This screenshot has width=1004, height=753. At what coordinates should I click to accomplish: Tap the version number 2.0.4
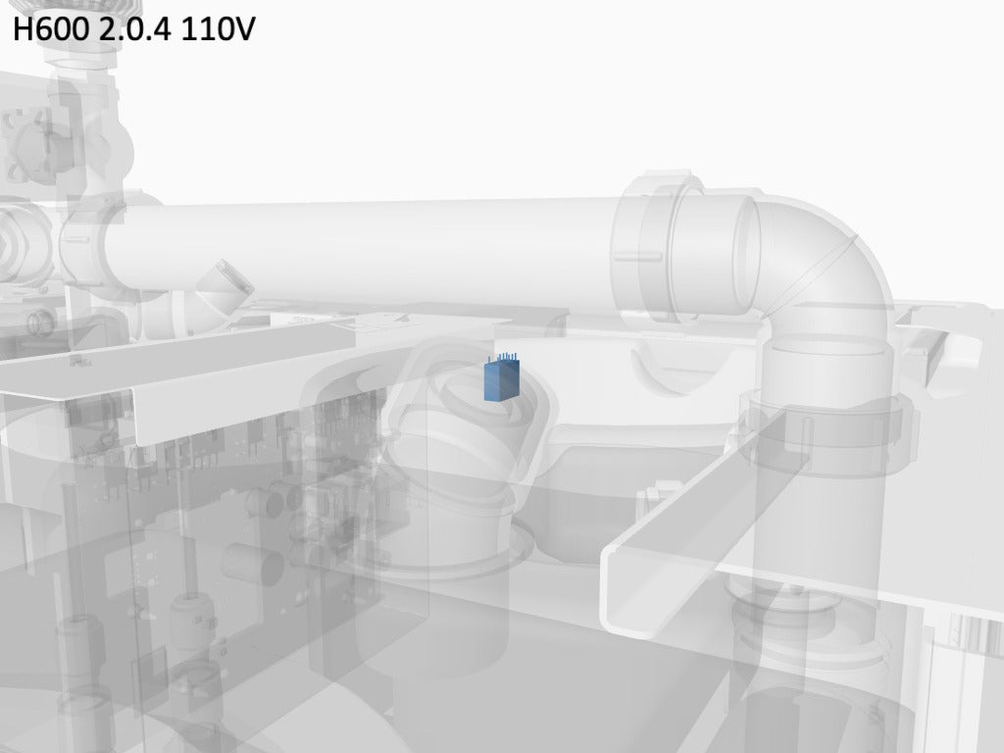pyautogui.click(x=135, y=28)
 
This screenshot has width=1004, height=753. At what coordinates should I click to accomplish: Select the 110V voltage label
pyautogui.click(x=218, y=28)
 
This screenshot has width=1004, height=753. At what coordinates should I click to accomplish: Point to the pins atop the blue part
pyautogui.click(x=504, y=357)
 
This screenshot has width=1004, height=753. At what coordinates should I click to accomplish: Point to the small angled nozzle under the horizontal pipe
pyautogui.click(x=225, y=286)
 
